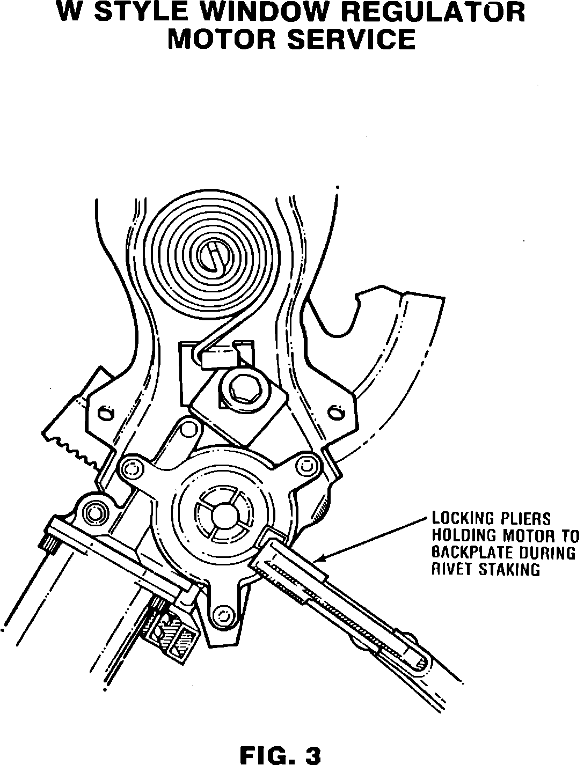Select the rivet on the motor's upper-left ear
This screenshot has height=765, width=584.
(131, 468)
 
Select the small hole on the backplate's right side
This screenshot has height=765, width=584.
(337, 413)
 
